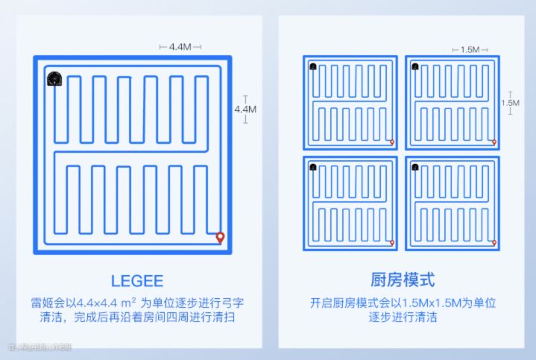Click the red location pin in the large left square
(x=220, y=238)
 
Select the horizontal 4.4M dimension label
(x=180, y=47)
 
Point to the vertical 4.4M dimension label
(x=245, y=109)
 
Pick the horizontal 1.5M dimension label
(x=469, y=49)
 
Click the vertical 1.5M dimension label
(x=510, y=103)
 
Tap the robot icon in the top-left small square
(x=313, y=66)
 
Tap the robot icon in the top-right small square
(x=414, y=66)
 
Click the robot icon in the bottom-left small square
(x=313, y=167)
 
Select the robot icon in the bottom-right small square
(x=414, y=167)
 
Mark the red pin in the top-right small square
(x=494, y=141)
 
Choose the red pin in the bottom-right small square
(x=494, y=241)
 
